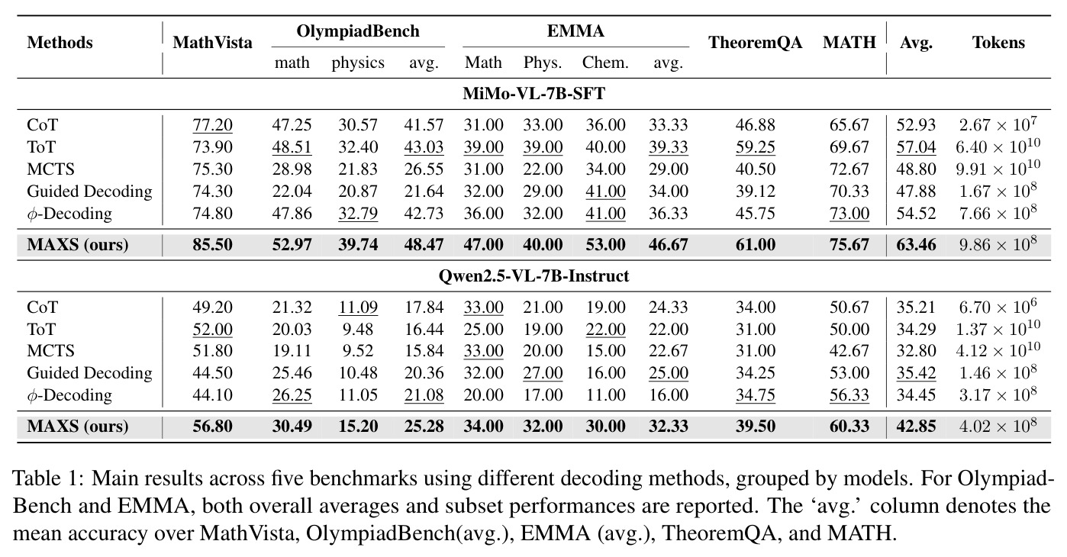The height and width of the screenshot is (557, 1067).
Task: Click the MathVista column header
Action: (x=212, y=43)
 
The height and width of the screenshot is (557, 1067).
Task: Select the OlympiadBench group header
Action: (x=358, y=31)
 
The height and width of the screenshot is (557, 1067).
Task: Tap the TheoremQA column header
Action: (x=755, y=43)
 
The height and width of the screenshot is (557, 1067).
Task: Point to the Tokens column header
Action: (x=998, y=43)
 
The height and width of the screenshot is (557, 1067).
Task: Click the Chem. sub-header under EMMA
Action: (x=605, y=63)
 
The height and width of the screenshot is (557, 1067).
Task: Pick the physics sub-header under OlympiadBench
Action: (x=358, y=63)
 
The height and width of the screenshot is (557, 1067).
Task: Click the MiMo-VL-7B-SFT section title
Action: (x=534, y=93)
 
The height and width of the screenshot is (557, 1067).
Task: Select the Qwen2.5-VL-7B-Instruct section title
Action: (x=534, y=276)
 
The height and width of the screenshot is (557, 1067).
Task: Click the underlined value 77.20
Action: (x=212, y=125)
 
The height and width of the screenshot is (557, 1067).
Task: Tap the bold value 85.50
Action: (x=212, y=245)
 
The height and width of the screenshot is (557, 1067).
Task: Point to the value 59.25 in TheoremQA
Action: (x=755, y=147)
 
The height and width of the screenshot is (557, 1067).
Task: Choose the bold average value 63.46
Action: (x=916, y=245)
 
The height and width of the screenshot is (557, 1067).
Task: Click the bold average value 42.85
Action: (x=916, y=426)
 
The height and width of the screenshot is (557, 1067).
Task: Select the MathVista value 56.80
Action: (x=212, y=426)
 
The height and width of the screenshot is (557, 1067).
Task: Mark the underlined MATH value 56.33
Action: (x=849, y=395)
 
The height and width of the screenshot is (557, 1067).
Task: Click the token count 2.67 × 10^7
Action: (x=998, y=124)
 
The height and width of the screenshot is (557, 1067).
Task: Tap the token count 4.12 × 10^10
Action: (x=998, y=350)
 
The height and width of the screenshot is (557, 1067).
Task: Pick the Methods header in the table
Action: (x=60, y=43)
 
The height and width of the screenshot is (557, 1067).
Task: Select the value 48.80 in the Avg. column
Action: (x=916, y=169)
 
